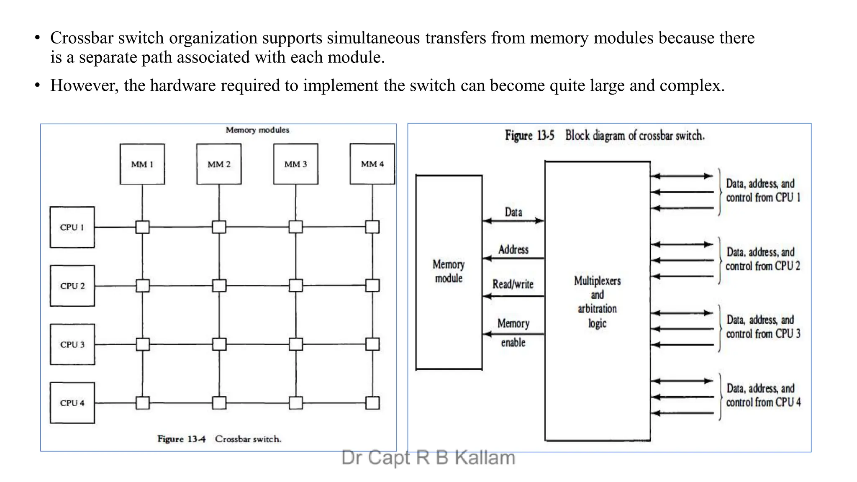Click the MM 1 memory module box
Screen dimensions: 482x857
click(142, 164)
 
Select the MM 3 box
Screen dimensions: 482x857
click(295, 164)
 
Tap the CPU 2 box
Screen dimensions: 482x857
click(72, 286)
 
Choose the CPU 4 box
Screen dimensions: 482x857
click(72, 403)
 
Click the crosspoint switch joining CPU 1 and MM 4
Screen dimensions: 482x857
click(372, 227)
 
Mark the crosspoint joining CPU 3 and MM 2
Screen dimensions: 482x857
click(219, 344)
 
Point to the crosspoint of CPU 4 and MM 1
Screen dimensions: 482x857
click(143, 403)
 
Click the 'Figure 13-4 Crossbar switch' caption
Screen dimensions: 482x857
click(219, 439)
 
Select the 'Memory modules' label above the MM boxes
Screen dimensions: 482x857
click(257, 130)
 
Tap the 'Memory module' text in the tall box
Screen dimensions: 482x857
click(449, 272)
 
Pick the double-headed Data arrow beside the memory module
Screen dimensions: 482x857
click(513, 220)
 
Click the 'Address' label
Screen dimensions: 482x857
click(513, 249)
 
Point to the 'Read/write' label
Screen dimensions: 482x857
click(513, 285)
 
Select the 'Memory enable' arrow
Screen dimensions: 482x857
click(513, 334)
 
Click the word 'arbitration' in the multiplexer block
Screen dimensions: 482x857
click(597, 309)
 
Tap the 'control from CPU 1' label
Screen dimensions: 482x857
click(763, 197)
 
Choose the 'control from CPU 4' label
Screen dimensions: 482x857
click(763, 403)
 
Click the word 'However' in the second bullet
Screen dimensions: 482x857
click(84, 85)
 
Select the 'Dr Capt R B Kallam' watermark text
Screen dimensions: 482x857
click(428, 458)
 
